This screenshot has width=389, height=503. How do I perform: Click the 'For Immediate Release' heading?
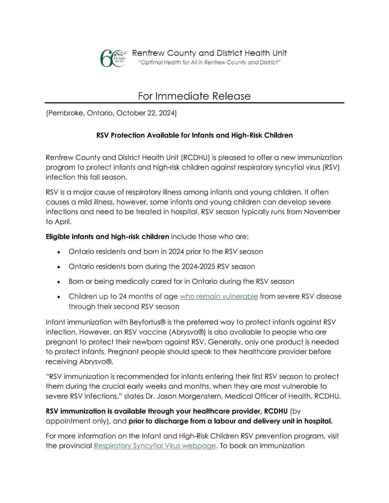tap(194, 96)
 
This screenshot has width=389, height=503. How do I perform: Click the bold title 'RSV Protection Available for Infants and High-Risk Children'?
tap(194, 135)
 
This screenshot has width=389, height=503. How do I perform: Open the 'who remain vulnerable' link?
tap(219, 296)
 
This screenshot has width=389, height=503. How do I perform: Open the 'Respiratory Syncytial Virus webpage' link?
tap(155, 446)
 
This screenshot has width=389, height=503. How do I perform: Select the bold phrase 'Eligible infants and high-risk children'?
tap(107, 237)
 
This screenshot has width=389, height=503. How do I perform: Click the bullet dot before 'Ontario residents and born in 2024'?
tap(59, 252)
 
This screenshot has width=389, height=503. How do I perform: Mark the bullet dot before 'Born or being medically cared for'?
tap(59, 282)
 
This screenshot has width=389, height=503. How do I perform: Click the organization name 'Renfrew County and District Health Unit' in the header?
tap(209, 53)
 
